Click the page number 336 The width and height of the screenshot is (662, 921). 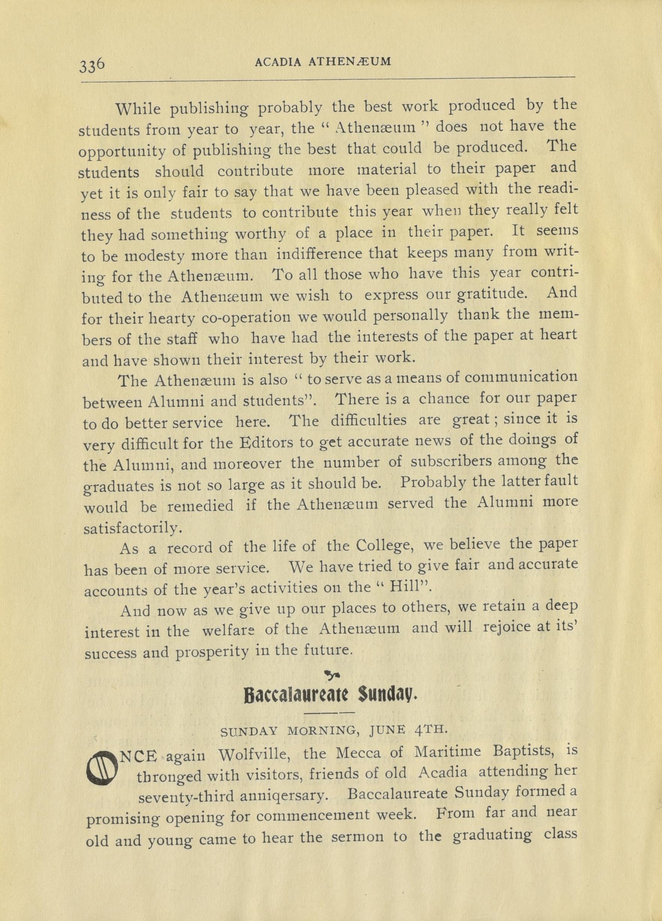(93, 64)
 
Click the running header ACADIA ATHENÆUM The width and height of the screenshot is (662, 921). (323, 61)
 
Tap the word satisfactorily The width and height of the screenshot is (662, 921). (130, 529)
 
